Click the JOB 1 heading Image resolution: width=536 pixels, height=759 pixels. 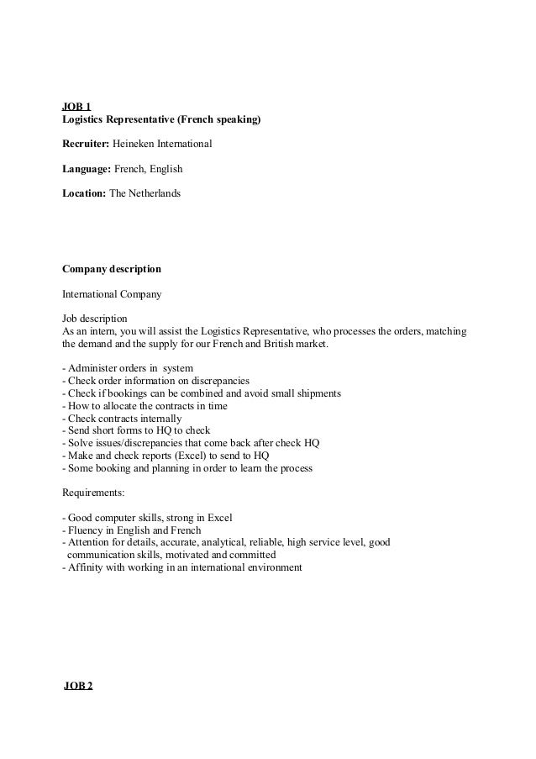pyautogui.click(x=76, y=107)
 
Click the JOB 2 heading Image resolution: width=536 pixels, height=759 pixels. pyautogui.click(x=79, y=686)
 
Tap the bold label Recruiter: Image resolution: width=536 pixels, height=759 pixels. pyautogui.click(x=87, y=145)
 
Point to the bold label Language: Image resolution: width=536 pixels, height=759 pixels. pyautogui.click(x=87, y=169)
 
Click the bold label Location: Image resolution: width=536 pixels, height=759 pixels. pyautogui.click(x=85, y=193)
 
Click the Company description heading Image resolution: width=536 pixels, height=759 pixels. pyautogui.click(x=112, y=270)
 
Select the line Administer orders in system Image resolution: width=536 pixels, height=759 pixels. pyautogui.click(x=128, y=368)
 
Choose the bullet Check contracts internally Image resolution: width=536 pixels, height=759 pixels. pyautogui.click(x=122, y=418)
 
